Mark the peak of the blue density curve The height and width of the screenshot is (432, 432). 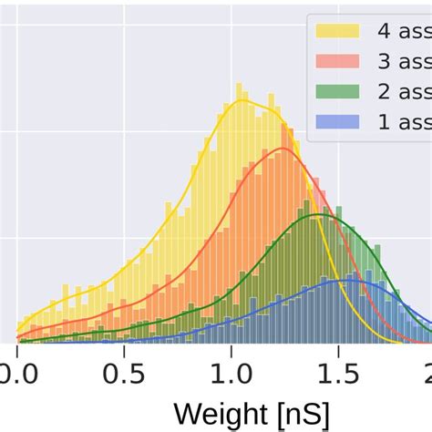coord(349,281)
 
